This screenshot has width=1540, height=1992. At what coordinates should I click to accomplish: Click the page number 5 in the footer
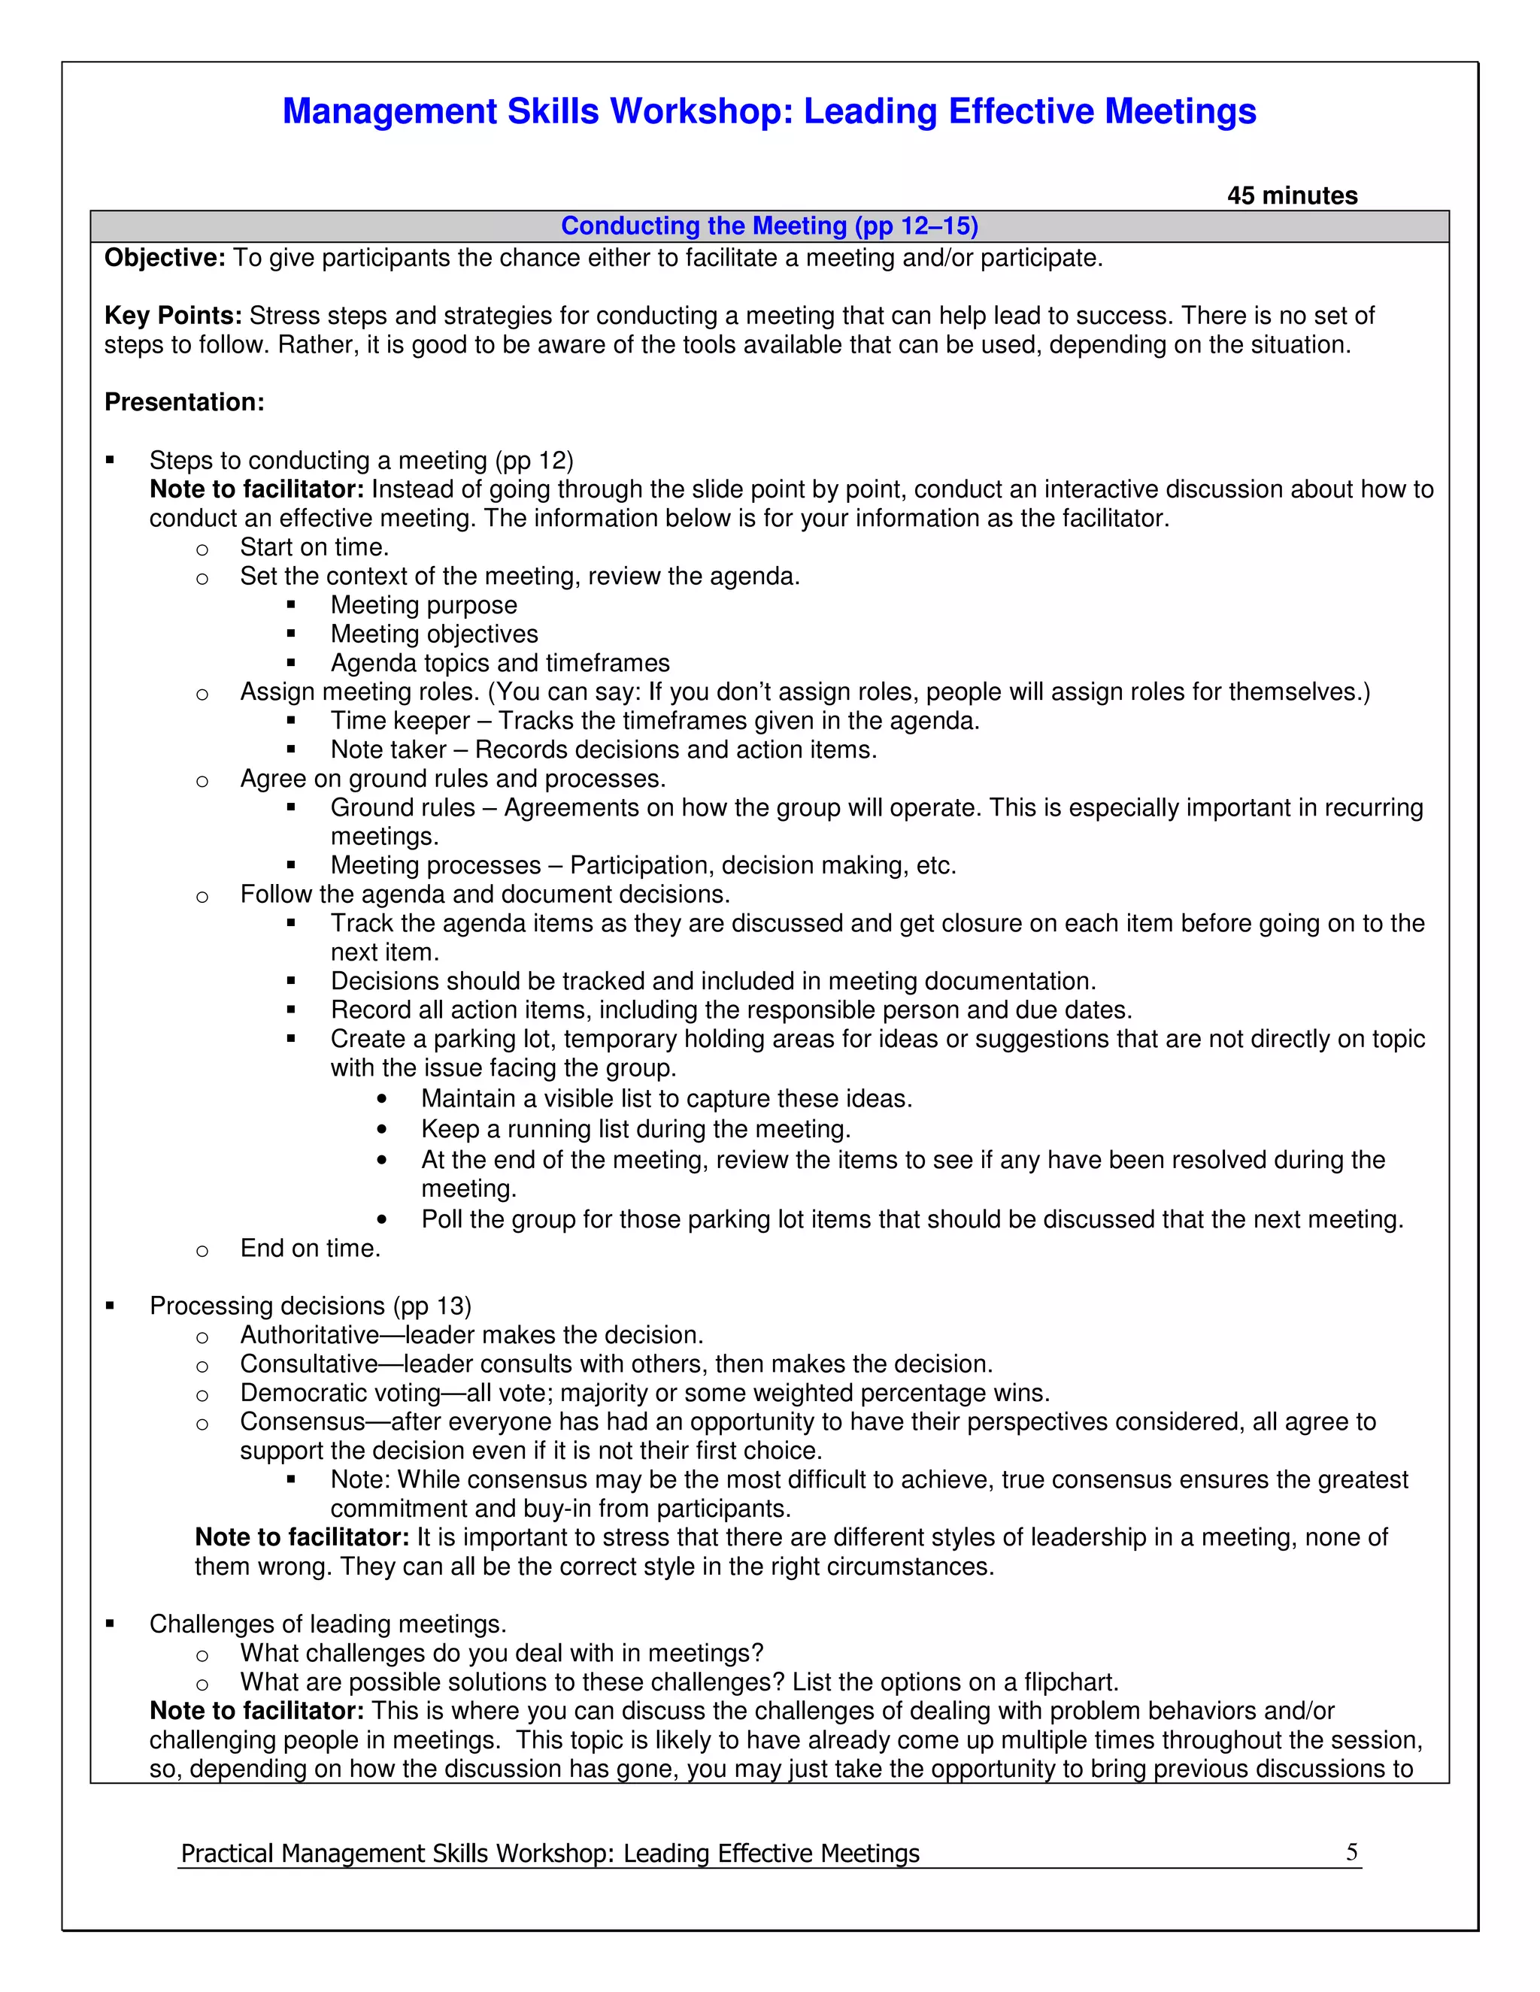(x=1351, y=1851)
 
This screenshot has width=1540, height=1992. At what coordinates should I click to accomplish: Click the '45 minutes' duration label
(x=1292, y=195)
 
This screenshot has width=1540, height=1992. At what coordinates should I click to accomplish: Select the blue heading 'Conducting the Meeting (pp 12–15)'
(x=769, y=226)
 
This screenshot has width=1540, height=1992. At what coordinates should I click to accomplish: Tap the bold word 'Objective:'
(x=164, y=258)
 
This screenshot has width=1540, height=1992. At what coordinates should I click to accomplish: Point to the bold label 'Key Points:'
(x=172, y=316)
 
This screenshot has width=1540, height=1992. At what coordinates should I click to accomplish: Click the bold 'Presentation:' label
(x=184, y=402)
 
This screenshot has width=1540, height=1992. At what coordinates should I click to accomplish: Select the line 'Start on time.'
(x=314, y=547)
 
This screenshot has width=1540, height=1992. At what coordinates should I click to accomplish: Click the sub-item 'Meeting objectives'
(x=435, y=634)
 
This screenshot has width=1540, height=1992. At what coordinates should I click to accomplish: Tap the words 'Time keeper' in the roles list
(x=399, y=721)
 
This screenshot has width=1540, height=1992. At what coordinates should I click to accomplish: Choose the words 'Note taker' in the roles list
(x=389, y=749)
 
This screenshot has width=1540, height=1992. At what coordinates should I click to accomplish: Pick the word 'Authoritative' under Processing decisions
(x=309, y=1335)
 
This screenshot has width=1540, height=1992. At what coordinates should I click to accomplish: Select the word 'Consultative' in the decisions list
(x=308, y=1364)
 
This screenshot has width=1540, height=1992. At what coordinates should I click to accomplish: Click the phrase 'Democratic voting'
(x=341, y=1393)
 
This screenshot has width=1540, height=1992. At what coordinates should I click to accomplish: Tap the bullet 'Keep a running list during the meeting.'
(x=635, y=1129)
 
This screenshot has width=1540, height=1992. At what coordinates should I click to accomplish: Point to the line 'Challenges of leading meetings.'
(x=328, y=1624)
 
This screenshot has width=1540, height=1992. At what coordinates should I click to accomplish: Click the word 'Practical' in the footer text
(x=227, y=1854)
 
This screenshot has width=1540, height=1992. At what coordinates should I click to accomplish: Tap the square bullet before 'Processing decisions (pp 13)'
(x=111, y=1306)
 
